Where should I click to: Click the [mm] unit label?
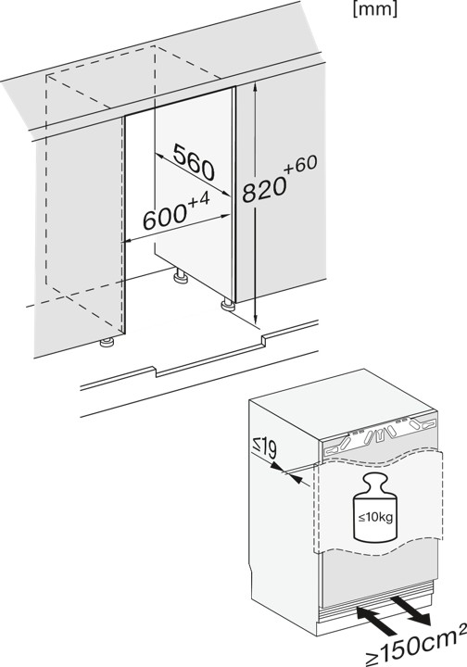pos(374,9)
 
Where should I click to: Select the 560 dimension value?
pos(194,162)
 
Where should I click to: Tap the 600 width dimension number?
pos(164,217)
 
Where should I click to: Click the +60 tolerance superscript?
pos(301,165)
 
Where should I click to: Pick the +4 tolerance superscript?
pos(198,199)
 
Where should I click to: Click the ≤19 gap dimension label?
pos(265,448)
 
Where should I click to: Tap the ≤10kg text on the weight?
pos(375,518)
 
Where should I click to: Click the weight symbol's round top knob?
pos(376,480)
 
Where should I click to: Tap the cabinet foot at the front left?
pos(107,342)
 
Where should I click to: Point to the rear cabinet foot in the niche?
pos(181,276)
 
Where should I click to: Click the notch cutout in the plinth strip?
pos(209,354)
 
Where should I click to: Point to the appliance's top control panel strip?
pos(378,437)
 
